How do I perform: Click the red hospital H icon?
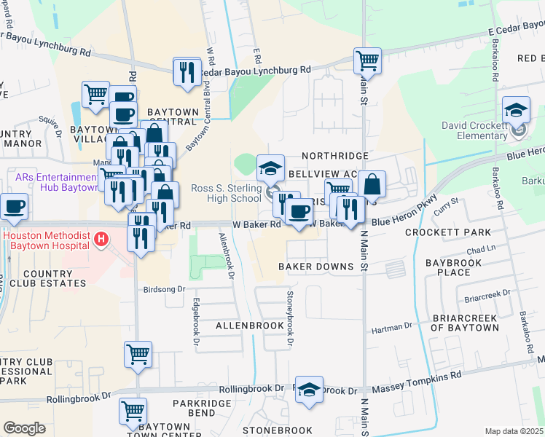click(101, 238)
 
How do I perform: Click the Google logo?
click(24, 428)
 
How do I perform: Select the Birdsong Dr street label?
click(165, 288)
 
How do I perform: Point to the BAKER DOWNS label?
click(316, 267)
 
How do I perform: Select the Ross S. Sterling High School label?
click(226, 193)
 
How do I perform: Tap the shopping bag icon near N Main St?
click(372, 185)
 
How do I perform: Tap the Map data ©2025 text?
click(514, 431)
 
